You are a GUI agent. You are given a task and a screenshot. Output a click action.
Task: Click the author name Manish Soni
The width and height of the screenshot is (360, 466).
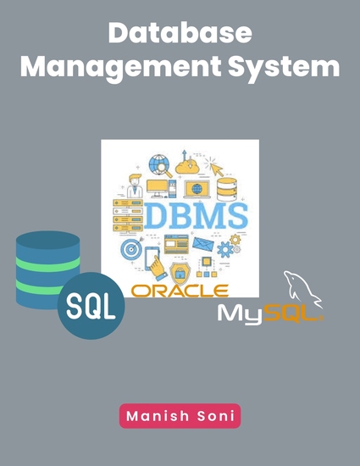[180, 415]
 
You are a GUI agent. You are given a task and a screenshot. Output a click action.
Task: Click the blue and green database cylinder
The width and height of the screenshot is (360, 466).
[48, 269]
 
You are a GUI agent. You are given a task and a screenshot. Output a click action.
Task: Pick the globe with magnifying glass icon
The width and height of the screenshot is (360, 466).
[160, 164]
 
